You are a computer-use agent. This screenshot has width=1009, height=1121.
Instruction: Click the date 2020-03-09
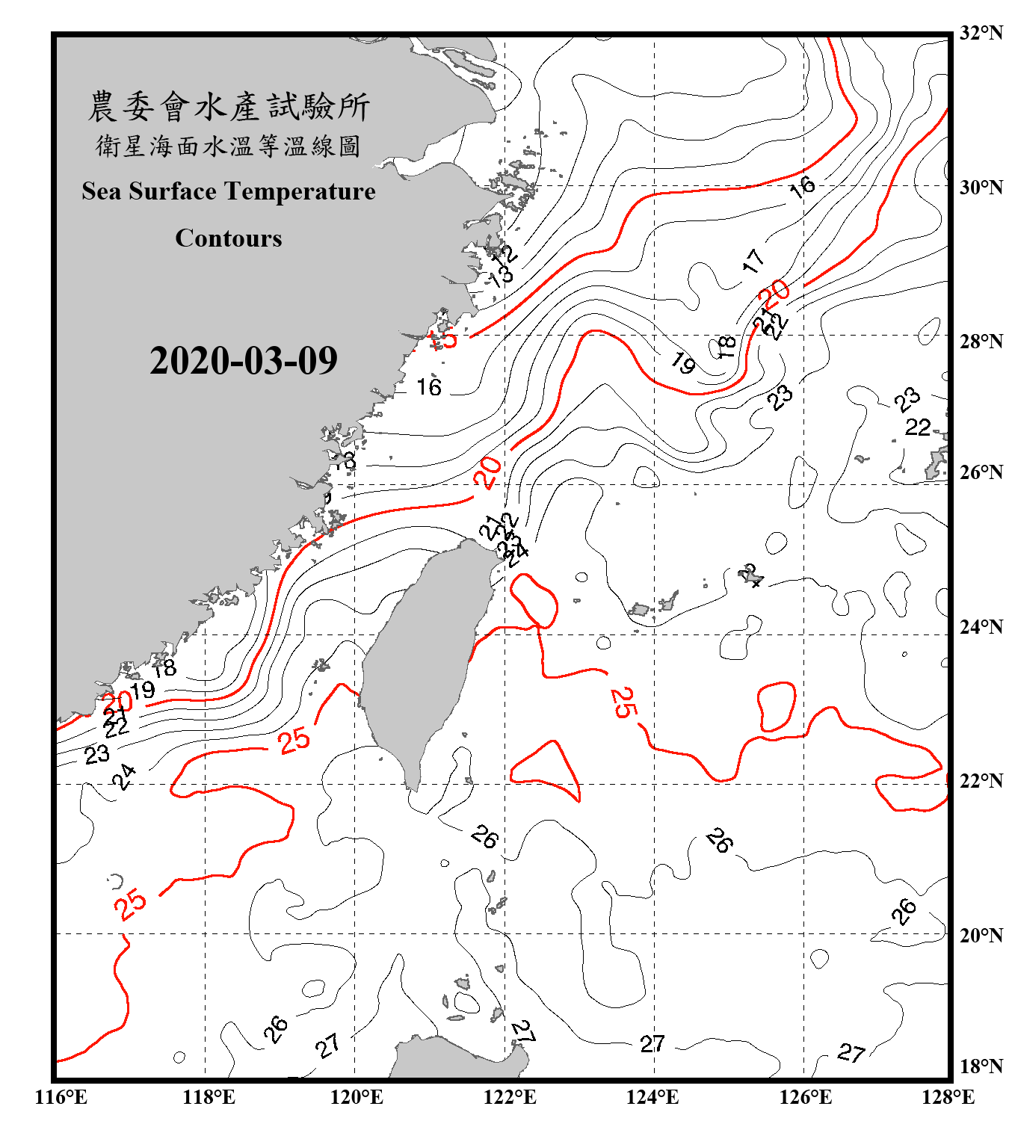pyautogui.click(x=243, y=361)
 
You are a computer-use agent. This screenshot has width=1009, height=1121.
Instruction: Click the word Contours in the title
pyautogui.click(x=229, y=238)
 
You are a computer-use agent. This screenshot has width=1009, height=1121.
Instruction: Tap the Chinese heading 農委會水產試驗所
pyautogui.click(x=229, y=106)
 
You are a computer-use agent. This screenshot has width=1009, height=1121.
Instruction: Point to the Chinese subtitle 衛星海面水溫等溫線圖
pyautogui.click(x=229, y=146)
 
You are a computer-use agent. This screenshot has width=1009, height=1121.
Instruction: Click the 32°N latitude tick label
pyautogui.click(x=981, y=33)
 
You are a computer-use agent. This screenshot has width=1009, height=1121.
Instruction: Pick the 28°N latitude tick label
pyautogui.click(x=981, y=342)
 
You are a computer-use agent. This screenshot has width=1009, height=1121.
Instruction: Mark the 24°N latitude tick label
pyautogui.click(x=981, y=626)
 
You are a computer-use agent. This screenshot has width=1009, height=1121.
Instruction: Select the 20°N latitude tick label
pyautogui.click(x=981, y=935)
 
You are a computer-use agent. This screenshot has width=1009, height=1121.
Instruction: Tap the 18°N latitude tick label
pyautogui.click(x=981, y=1066)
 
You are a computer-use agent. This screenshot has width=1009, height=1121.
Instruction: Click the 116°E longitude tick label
pyautogui.click(x=61, y=1097)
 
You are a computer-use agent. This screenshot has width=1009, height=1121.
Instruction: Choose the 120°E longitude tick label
pyautogui.click(x=357, y=1097)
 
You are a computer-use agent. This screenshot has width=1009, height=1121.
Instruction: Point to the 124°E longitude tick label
pyautogui.click(x=652, y=1097)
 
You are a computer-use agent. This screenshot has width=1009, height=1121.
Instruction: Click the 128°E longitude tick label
pyautogui.click(x=948, y=1097)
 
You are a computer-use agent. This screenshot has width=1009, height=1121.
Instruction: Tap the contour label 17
pyautogui.click(x=753, y=261)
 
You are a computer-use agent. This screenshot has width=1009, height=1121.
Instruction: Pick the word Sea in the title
pyautogui.click(x=102, y=191)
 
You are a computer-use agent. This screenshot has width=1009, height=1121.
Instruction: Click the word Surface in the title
pyautogui.click(x=173, y=191)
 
